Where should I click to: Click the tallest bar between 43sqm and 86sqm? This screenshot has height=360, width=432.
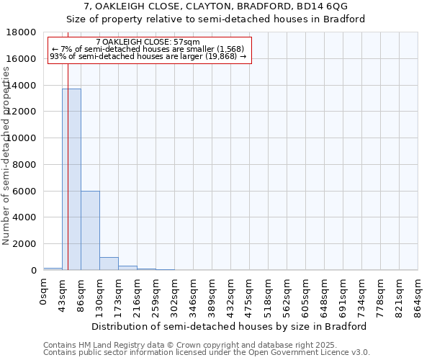pos(71,180)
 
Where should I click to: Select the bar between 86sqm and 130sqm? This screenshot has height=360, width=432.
pos(90,230)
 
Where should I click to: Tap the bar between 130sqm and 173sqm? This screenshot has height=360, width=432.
pos(109,264)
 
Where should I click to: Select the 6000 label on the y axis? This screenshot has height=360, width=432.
pos(24,192)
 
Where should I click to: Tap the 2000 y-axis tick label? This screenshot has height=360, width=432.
pos(24,244)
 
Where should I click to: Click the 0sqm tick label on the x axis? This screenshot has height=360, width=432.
pos(44,292)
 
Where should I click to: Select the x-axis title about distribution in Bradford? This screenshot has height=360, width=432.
pos(230,326)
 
